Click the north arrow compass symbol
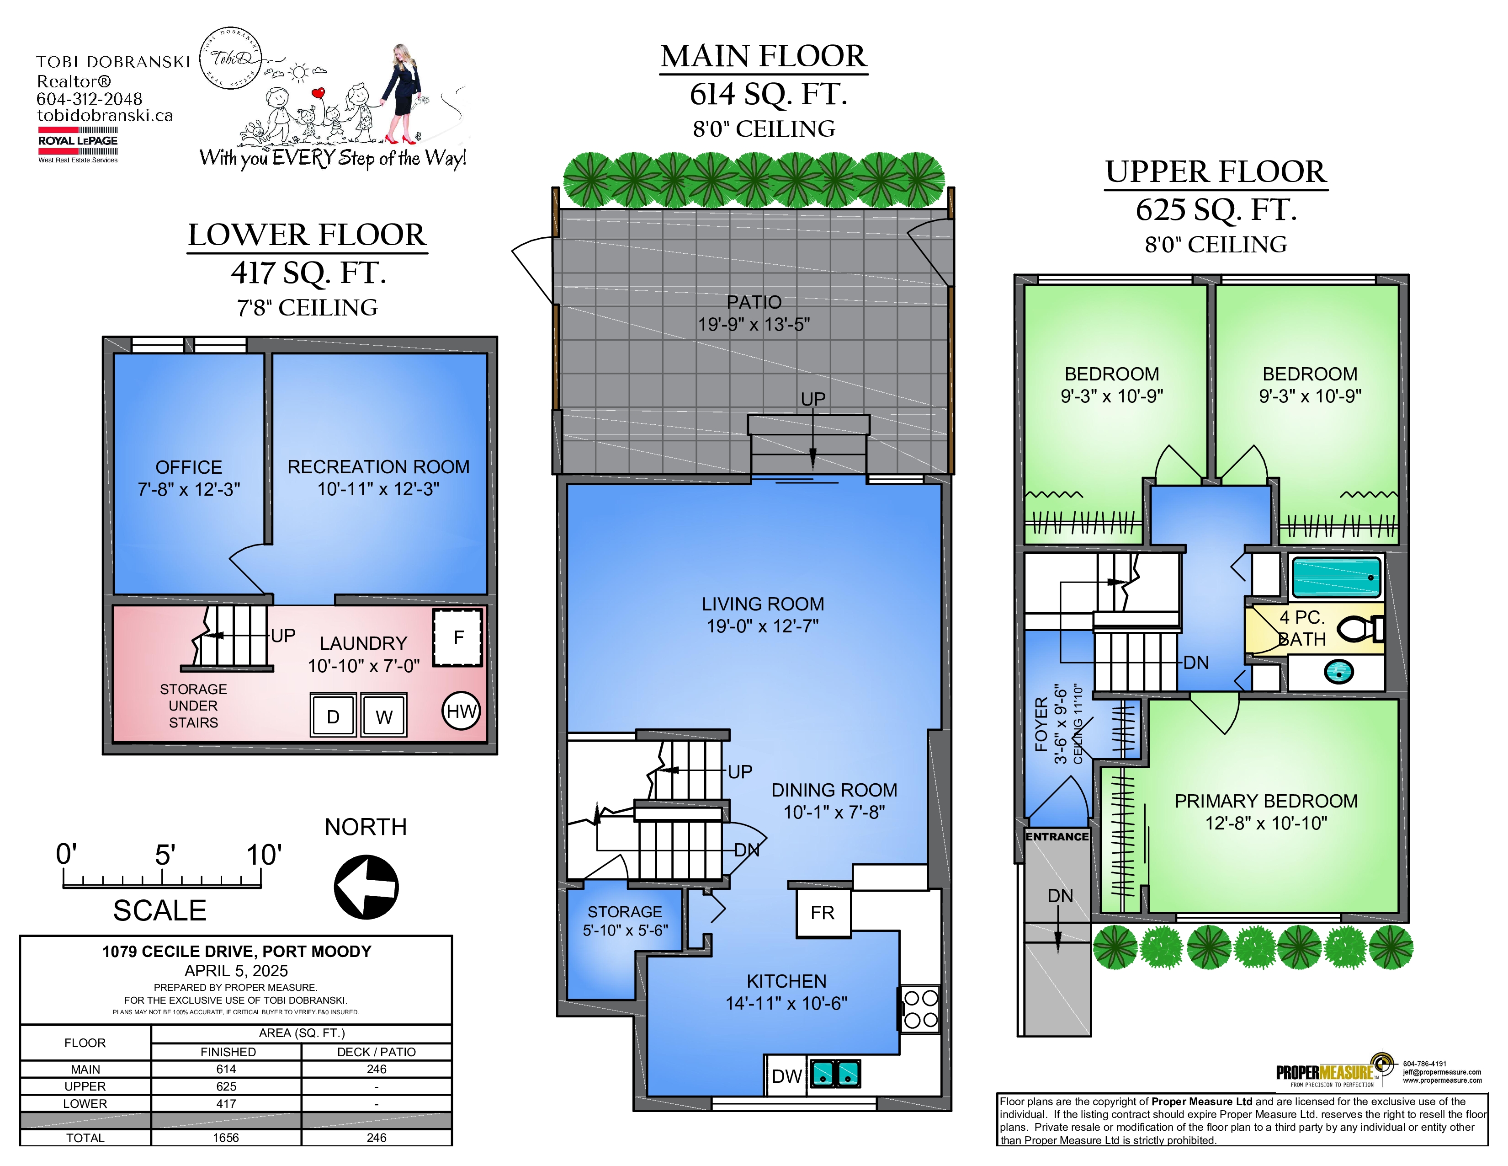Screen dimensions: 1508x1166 click(x=366, y=887)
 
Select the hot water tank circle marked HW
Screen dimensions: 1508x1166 click(x=461, y=711)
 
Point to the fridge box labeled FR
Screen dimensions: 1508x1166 click(x=823, y=913)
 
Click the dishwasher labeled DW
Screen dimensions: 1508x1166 click(x=786, y=1075)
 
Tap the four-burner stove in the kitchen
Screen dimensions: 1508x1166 click(x=920, y=1009)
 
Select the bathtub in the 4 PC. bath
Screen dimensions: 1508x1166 click(x=1337, y=578)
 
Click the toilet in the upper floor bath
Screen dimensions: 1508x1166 click(x=1361, y=629)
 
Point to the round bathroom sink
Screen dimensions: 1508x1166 click(x=1338, y=671)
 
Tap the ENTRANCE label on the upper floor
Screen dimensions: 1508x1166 click(x=1057, y=836)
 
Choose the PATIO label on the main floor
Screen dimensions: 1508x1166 click(x=754, y=302)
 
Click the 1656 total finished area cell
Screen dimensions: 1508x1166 click(x=226, y=1138)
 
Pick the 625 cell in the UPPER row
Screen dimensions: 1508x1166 click(x=226, y=1086)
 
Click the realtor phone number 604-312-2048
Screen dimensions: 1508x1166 click(x=89, y=99)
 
